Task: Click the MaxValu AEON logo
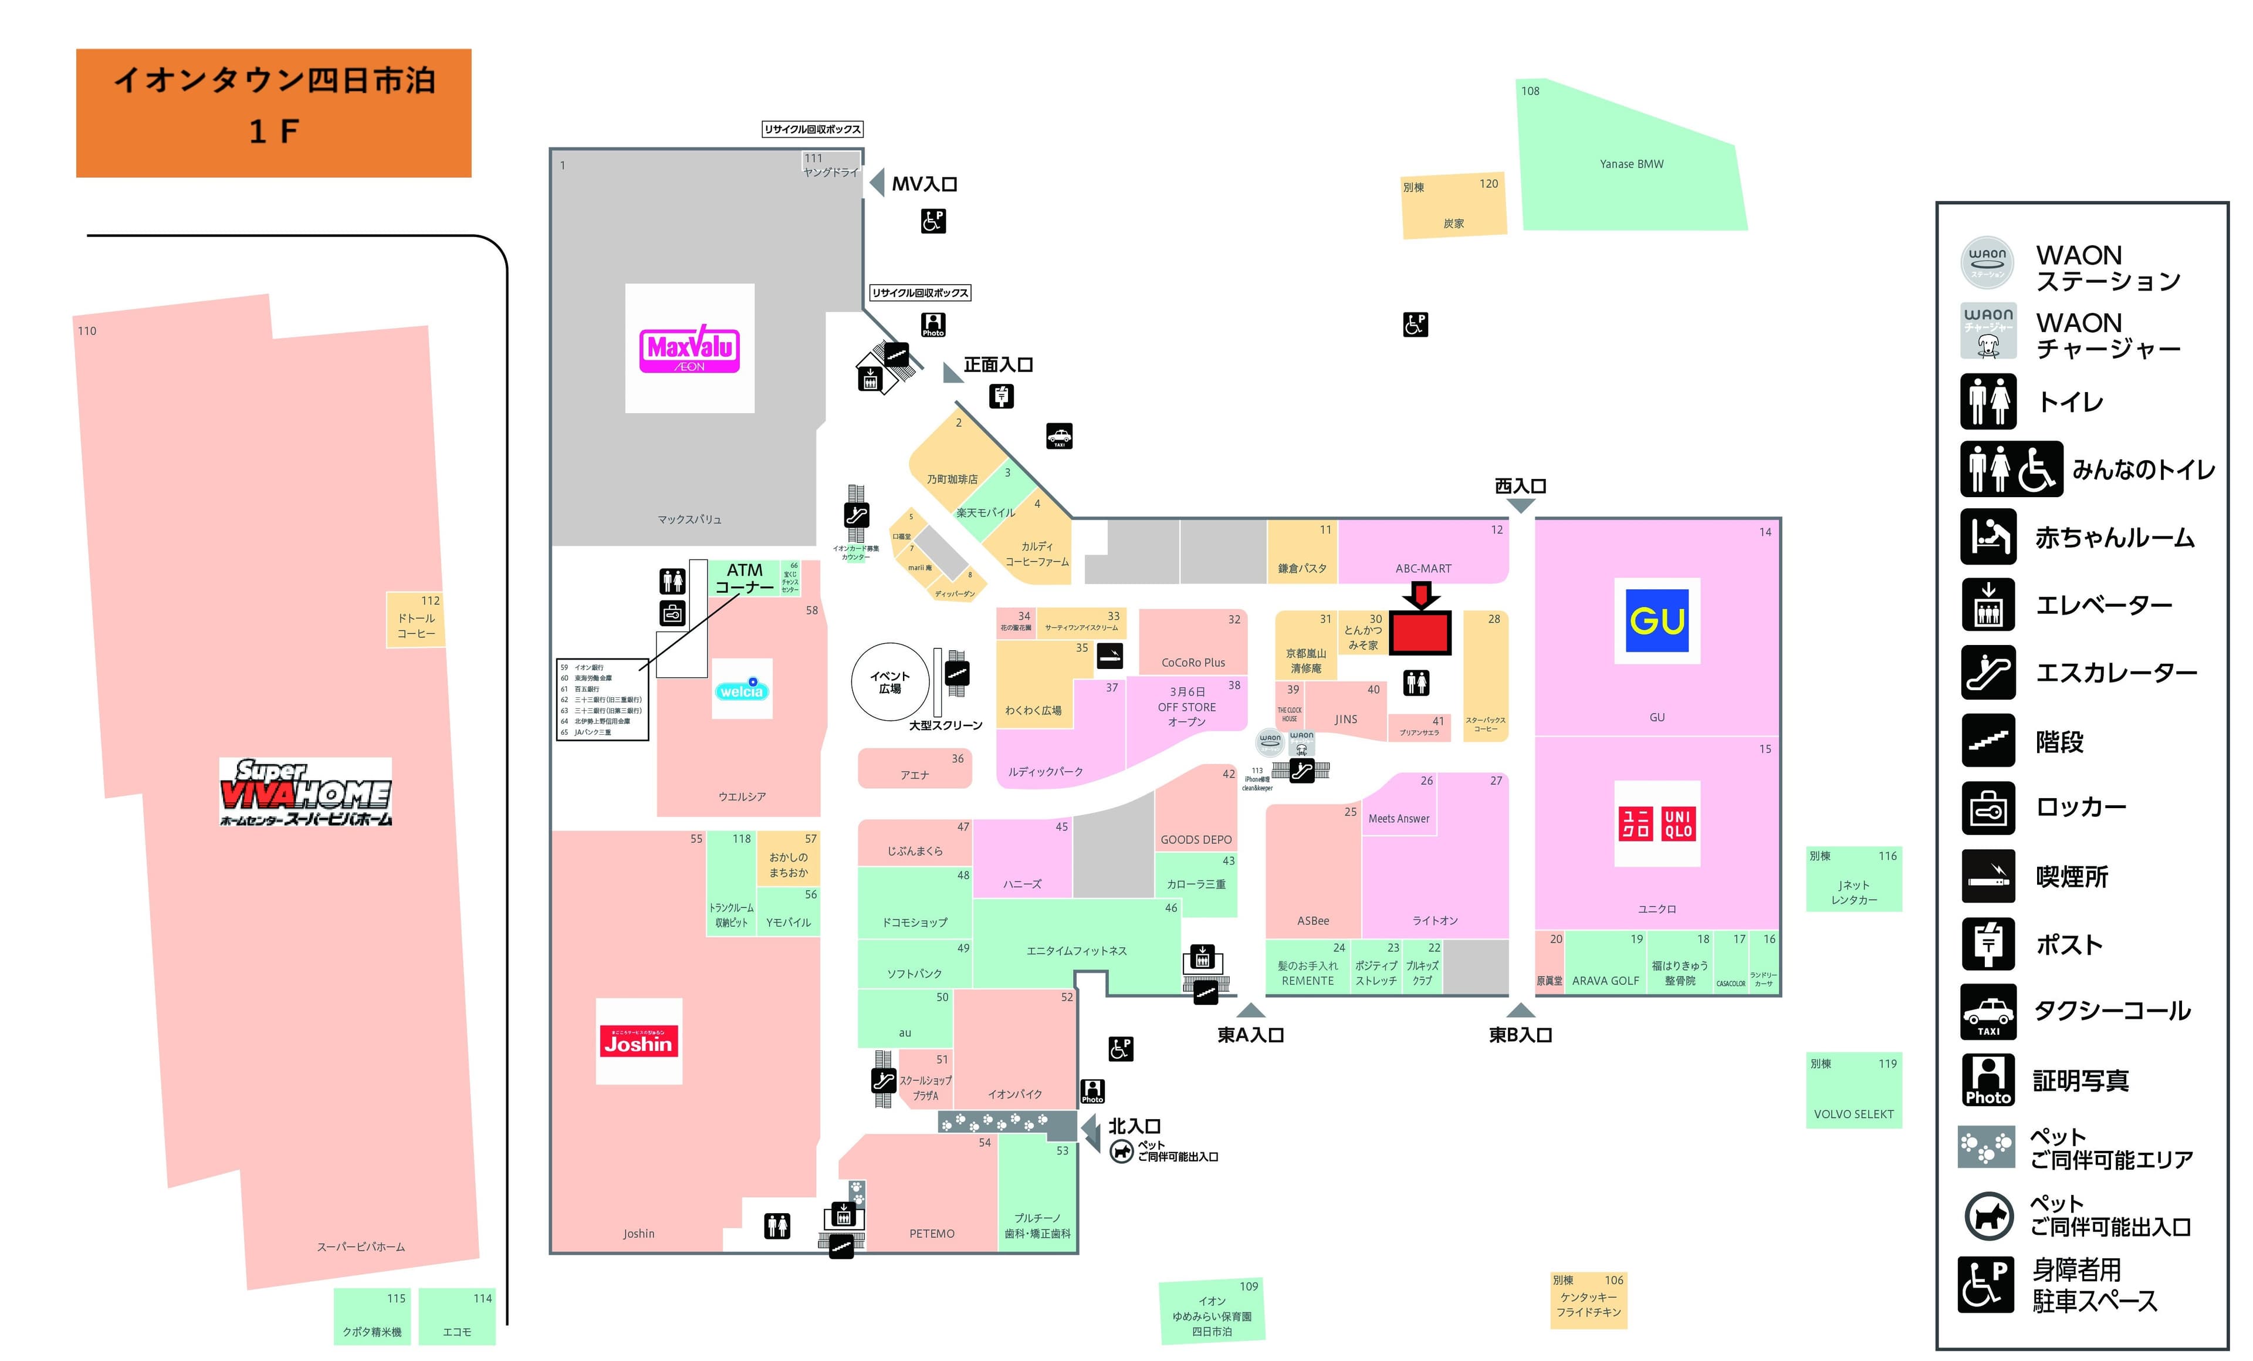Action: click(689, 349)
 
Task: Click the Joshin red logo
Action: click(638, 1041)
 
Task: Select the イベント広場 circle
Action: click(889, 683)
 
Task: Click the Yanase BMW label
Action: click(1630, 164)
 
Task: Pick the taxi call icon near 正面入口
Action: click(1059, 436)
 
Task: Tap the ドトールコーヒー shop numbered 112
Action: click(415, 619)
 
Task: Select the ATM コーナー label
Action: click(743, 578)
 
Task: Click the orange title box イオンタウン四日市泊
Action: click(273, 113)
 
